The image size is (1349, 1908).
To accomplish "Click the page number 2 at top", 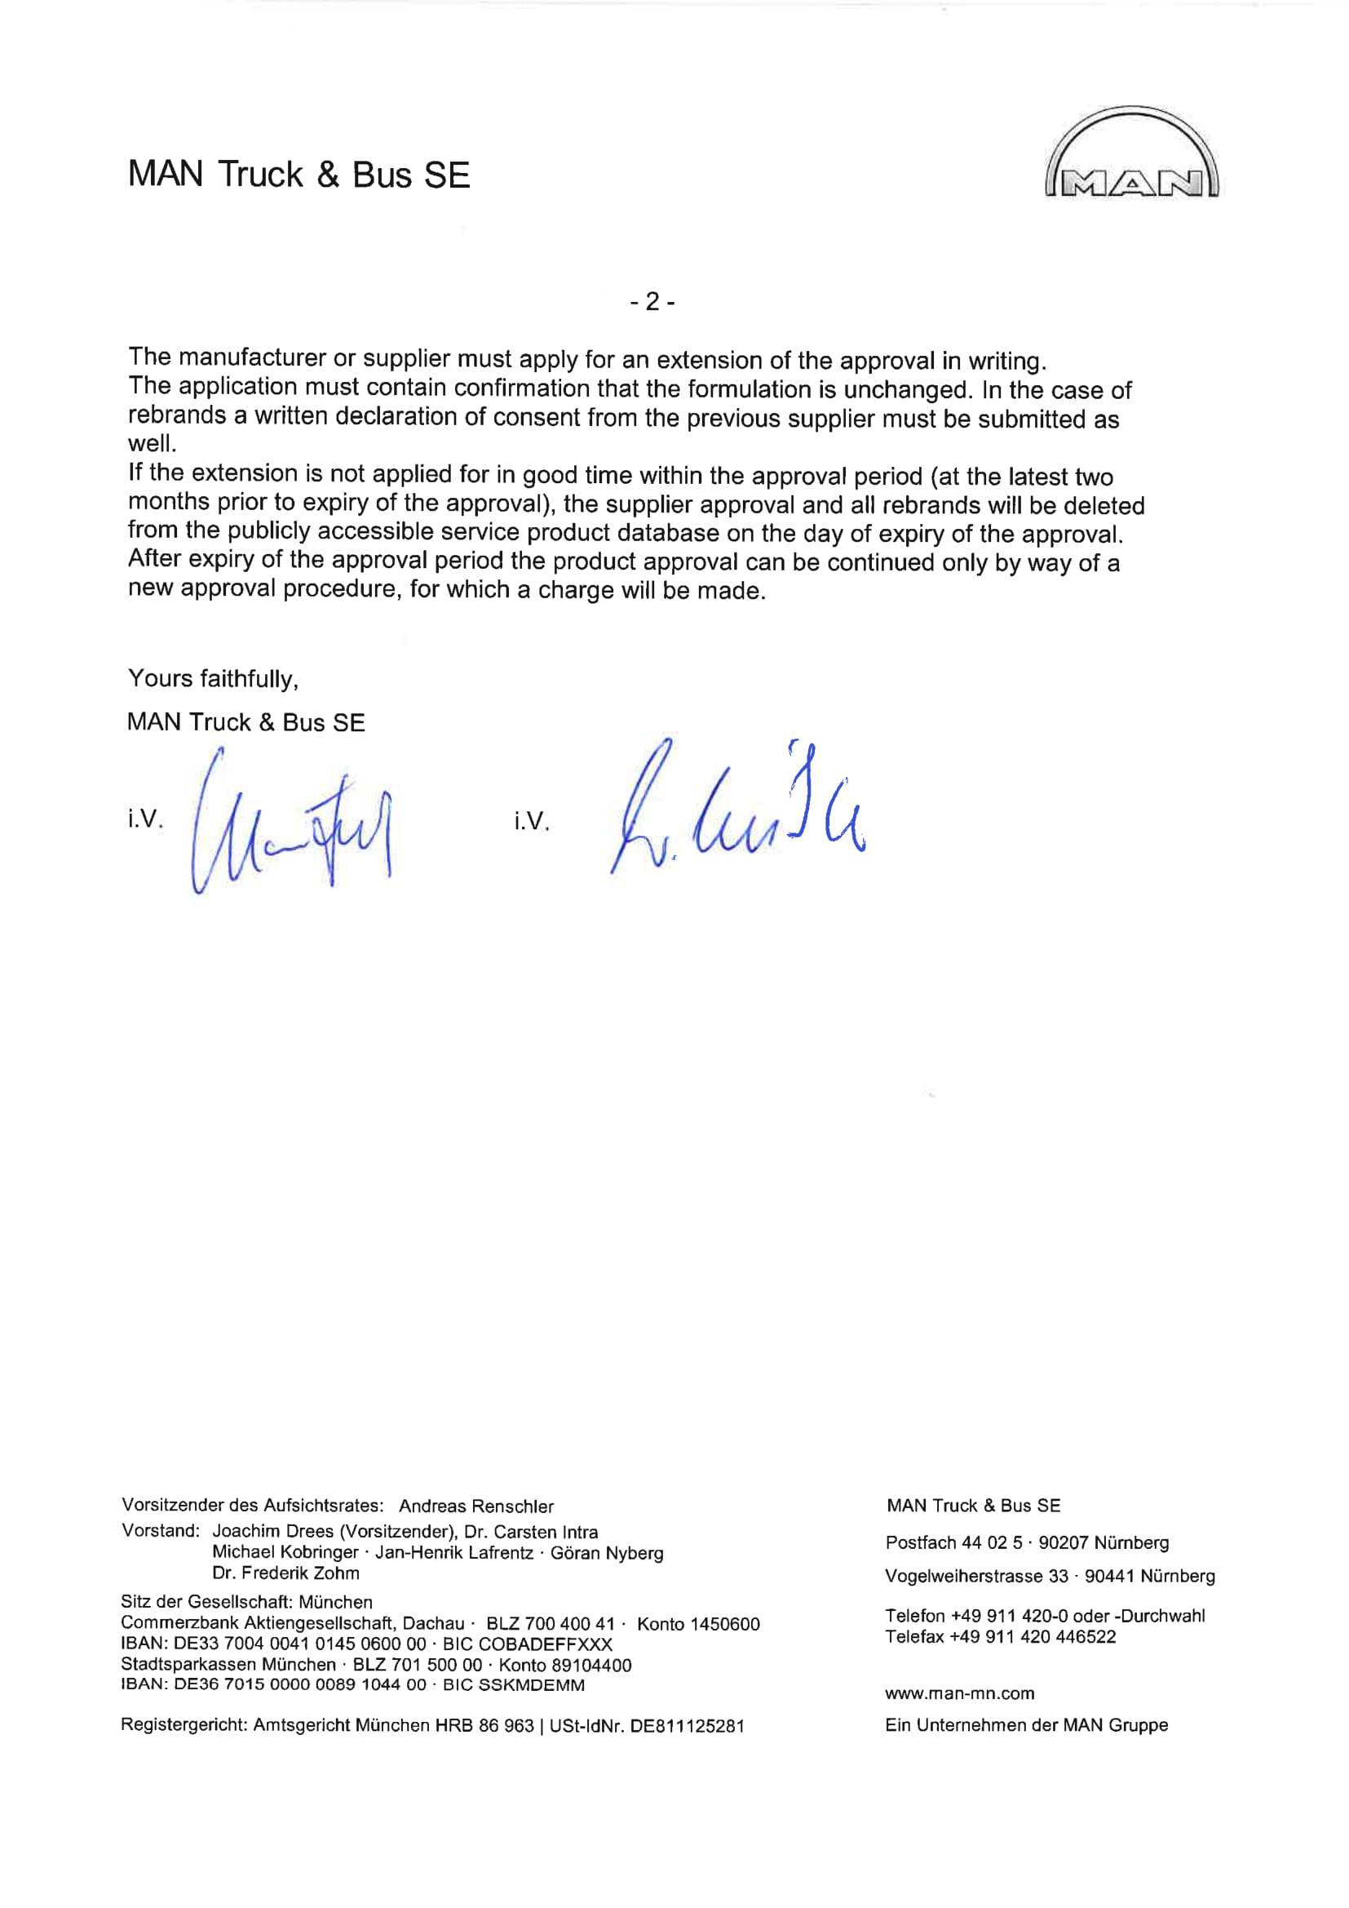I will [652, 302].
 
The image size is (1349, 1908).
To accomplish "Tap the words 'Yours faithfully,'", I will [214, 679].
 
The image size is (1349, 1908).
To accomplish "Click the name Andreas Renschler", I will [476, 1506].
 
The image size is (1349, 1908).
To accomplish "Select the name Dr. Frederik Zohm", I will [285, 1573].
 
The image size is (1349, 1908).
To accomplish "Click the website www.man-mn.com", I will [959, 1693].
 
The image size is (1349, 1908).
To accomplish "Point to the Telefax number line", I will [1000, 1636].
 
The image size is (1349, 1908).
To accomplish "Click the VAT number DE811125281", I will [687, 1725].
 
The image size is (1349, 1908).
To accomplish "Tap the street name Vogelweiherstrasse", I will [963, 1576].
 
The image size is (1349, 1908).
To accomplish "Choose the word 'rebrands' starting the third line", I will [176, 415].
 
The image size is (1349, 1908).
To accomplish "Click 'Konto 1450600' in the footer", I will [698, 1624].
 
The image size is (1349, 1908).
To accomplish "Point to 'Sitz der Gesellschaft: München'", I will [246, 1601].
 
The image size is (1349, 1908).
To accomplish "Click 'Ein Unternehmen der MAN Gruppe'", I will [1026, 1724].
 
